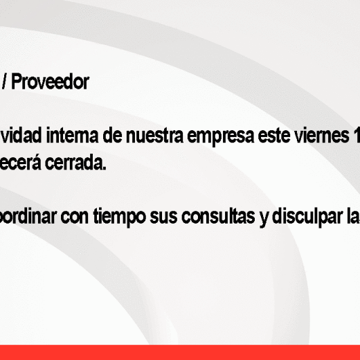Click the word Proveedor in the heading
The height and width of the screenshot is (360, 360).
click(x=50, y=82)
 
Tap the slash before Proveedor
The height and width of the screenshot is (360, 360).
click(x=4, y=82)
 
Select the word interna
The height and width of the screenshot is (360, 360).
click(x=72, y=136)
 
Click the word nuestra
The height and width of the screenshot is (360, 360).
click(x=154, y=136)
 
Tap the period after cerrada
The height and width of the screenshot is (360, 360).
click(x=105, y=168)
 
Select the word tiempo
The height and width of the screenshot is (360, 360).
click(x=120, y=217)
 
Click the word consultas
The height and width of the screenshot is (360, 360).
click(x=218, y=217)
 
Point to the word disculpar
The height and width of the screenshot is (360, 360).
click(x=307, y=217)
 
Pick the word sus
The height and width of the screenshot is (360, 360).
click(x=163, y=218)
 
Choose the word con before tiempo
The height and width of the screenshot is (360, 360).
click(x=75, y=218)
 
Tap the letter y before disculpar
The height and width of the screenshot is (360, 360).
click(x=264, y=219)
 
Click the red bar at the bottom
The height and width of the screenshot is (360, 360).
click(x=180, y=352)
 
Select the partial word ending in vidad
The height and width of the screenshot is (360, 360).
click(x=21, y=136)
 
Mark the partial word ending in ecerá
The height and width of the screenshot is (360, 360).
click(x=20, y=163)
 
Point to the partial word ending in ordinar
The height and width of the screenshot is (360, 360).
click(x=28, y=217)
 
